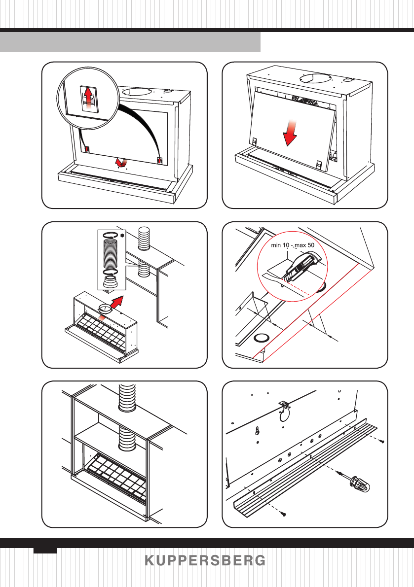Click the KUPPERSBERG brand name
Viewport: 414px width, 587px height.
[x=205, y=560]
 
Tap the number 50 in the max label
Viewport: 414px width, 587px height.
[x=310, y=245]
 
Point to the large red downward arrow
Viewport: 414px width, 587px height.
[x=290, y=133]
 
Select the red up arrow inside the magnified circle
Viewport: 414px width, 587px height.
[x=88, y=97]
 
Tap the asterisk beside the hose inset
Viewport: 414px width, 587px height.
[x=122, y=235]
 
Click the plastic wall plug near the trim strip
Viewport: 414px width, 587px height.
[x=360, y=483]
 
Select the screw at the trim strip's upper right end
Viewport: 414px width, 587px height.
[x=381, y=442]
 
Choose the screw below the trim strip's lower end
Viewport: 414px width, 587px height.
[x=284, y=514]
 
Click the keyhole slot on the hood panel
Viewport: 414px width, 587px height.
[x=258, y=431]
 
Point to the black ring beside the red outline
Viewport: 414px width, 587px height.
[x=261, y=338]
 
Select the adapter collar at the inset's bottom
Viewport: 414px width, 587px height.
[x=110, y=282]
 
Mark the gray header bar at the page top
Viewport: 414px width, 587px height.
[x=130, y=42]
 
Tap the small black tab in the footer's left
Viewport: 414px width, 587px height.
[x=45, y=551]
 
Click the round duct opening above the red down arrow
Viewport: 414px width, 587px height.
[x=314, y=79]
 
